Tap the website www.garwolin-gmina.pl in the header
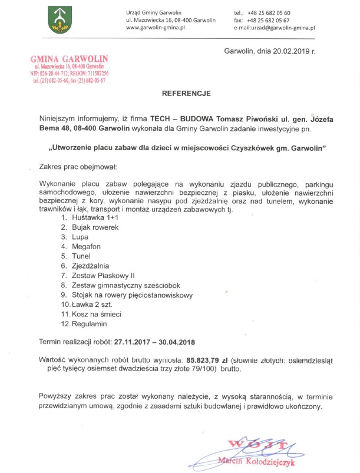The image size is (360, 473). (x=156, y=28)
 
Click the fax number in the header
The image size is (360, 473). (x=270, y=20)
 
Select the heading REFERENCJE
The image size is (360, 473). (x=183, y=94)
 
